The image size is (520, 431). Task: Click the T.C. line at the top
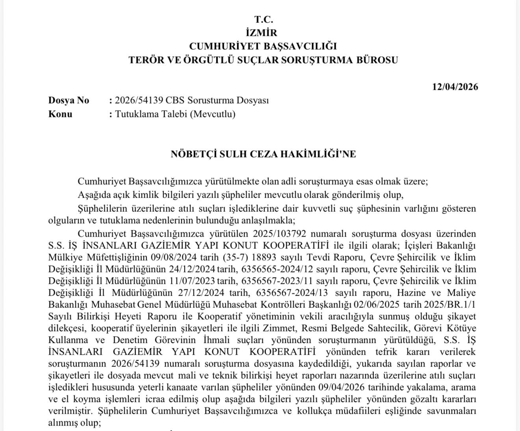(264, 19)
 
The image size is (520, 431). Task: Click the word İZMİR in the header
(264, 33)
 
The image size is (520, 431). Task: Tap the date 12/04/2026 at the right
(455, 87)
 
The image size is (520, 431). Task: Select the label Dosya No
(69, 100)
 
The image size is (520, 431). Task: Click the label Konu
(60, 114)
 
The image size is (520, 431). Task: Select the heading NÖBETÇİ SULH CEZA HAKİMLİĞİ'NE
(263, 154)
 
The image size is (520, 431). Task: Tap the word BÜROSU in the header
(377, 60)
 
